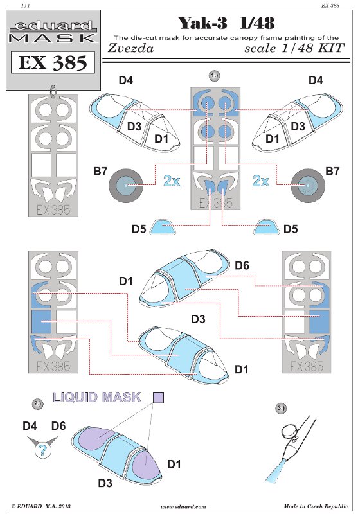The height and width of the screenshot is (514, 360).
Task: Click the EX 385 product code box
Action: coord(53,62)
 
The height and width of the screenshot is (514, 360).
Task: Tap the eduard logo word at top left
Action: coord(54,26)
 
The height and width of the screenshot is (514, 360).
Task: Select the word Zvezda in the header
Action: coord(130,48)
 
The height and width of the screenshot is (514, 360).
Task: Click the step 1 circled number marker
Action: coord(215,76)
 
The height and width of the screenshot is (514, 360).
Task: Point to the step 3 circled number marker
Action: coord(281,408)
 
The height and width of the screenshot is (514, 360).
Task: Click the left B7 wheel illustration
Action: coord(125,186)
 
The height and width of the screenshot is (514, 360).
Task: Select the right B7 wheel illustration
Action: coord(309,186)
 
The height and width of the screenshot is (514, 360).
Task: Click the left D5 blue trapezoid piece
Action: coord(163,227)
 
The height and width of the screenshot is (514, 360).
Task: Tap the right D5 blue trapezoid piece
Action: coord(266,227)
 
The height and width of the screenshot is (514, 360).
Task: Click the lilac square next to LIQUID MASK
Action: coord(158,397)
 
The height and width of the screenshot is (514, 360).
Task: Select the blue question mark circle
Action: coord(43,450)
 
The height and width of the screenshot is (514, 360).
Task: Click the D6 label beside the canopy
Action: coord(242,265)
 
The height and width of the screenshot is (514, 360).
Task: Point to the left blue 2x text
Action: coord(172,181)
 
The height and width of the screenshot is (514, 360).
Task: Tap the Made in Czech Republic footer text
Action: coord(316,506)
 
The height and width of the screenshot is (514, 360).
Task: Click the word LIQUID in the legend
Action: coord(75,397)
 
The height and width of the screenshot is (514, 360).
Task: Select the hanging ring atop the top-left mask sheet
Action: coord(53,91)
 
